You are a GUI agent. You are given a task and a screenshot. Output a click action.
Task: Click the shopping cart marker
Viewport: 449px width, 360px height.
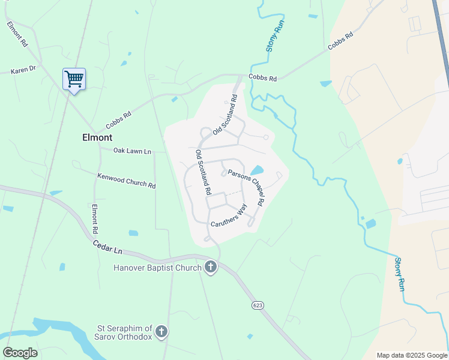pos(74,79)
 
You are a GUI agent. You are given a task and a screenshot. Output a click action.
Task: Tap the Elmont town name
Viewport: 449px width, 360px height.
pos(97,137)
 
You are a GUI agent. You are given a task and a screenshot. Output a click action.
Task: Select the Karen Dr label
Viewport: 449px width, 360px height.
pos(23,70)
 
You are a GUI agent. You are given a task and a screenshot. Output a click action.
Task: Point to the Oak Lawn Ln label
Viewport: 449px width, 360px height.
pos(132,151)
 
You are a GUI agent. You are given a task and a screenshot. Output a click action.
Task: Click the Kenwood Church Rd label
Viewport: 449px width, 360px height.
pos(126,181)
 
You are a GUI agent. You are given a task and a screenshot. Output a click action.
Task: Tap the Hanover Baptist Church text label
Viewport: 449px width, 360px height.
pos(157,267)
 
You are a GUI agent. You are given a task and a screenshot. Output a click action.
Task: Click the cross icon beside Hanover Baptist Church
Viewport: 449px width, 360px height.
pos(210,267)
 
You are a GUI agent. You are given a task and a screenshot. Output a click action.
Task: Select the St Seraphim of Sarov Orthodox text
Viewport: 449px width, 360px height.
pos(125,332)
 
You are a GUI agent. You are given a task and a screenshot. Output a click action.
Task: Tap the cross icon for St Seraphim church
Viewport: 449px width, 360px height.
pos(161,331)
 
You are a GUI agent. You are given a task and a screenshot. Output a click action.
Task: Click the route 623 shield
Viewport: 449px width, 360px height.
pos(258,305)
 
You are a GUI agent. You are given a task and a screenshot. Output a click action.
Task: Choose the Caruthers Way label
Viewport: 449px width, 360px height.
pos(229,216)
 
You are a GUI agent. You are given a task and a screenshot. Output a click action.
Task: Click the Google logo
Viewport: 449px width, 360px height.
pos(20,352)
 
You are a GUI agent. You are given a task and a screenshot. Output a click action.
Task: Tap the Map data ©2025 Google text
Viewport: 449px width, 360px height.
pos(412,355)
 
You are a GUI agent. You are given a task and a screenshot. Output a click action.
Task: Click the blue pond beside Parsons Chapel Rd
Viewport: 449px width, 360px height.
pos(256,170)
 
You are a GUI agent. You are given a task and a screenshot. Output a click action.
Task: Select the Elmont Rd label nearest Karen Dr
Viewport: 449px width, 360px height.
pos(17,35)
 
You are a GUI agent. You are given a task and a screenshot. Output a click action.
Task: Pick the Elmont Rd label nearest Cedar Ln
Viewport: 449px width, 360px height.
pos(94,219)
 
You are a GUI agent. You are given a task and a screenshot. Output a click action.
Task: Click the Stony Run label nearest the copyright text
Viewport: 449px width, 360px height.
pos(400,274)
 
